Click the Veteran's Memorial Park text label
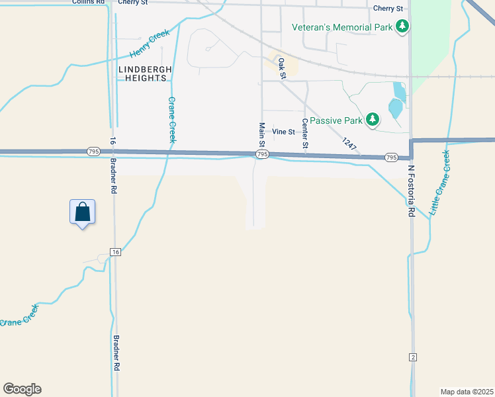[343, 27]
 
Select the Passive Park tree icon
[373, 120]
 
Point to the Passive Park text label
[336, 120]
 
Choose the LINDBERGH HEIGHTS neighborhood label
[146, 73]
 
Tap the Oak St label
[283, 68]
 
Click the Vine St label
[283, 132]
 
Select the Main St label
[262, 135]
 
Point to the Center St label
[305, 133]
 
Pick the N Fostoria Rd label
[410, 191]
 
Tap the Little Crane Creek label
[439, 183]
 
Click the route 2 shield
[412, 357]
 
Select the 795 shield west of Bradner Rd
[92, 152]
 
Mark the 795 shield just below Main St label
[262, 154]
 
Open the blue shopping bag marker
[82, 213]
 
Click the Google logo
[22, 389]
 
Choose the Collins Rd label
[92, 2]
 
